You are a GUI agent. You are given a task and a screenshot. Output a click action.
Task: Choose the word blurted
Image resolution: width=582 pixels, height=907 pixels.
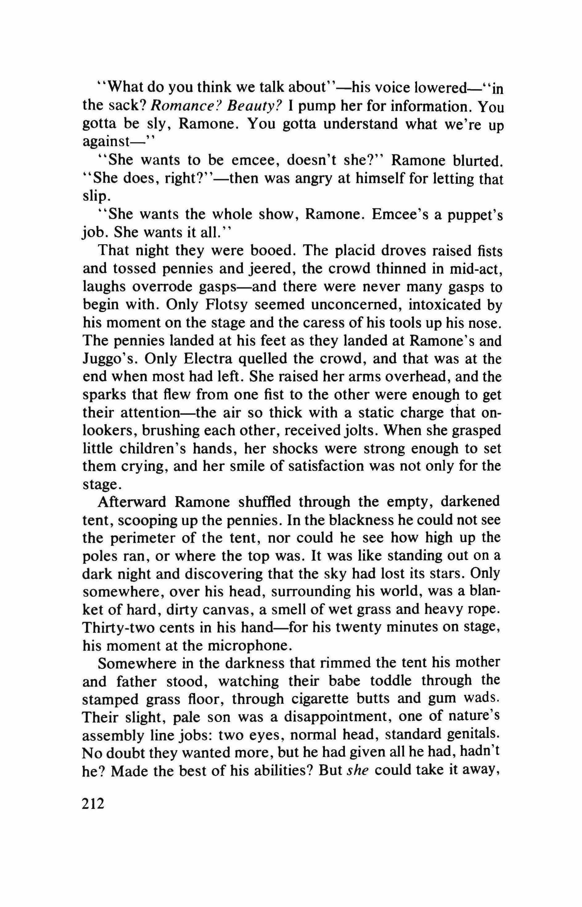coord(478,161)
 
